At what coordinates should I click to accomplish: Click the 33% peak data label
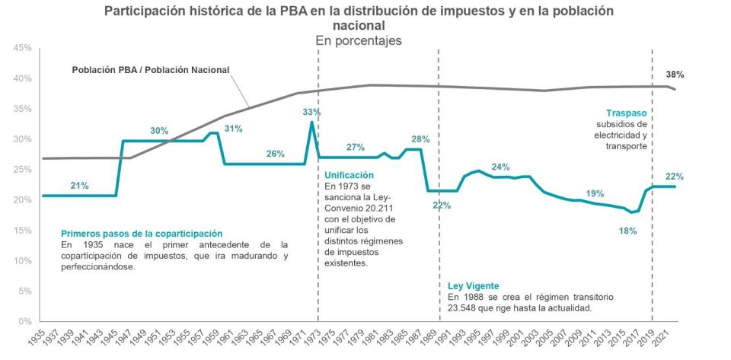(311, 112)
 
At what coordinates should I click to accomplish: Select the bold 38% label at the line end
(675, 75)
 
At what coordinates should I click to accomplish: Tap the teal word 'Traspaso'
(627, 113)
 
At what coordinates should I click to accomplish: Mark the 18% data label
(627, 231)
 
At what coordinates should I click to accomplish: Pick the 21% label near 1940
(79, 185)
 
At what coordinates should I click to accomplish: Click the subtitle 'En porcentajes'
(359, 40)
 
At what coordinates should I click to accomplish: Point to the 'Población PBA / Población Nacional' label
(151, 70)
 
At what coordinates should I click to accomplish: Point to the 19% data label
(595, 193)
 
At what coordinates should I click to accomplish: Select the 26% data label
(275, 154)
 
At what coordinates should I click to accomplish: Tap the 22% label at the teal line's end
(674, 177)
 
